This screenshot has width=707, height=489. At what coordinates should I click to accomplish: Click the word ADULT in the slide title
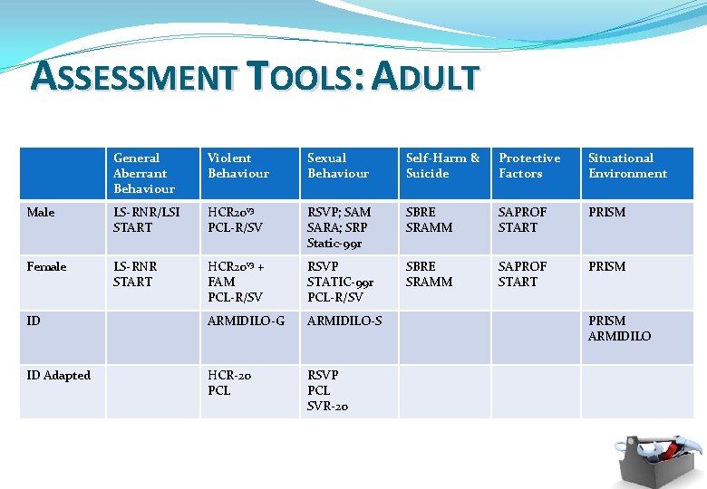[425, 77]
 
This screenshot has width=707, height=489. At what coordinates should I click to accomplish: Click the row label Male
[41, 213]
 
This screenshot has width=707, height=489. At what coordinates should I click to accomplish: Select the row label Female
[46, 267]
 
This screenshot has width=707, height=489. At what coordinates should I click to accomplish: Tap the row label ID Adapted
[59, 376]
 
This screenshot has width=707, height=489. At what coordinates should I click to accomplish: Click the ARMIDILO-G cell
[246, 321]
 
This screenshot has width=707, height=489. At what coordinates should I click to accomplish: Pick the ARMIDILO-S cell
[344, 321]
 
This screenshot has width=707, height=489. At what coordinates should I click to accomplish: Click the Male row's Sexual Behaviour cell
[339, 227]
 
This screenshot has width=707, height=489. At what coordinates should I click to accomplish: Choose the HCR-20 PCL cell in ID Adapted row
[229, 383]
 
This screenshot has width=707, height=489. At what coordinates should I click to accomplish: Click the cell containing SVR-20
[327, 390]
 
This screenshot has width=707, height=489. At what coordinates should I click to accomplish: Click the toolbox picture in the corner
[656, 456]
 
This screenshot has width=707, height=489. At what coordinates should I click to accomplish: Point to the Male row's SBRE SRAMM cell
[429, 220]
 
